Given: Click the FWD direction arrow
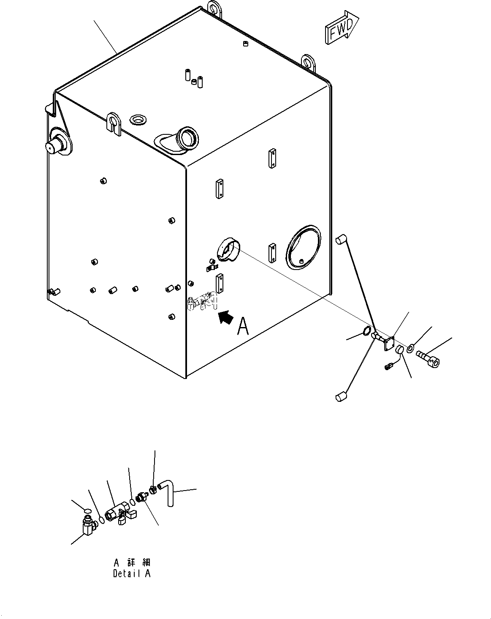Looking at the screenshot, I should [341, 28].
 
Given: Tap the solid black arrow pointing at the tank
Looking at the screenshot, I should [226, 317].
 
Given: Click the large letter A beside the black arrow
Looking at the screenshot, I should [244, 326].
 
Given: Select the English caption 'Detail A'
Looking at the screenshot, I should [131, 573].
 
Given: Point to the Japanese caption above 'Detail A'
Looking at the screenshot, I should [132, 562].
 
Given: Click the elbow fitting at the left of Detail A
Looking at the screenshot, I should [88, 524].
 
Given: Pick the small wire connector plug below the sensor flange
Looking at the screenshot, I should [389, 366].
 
